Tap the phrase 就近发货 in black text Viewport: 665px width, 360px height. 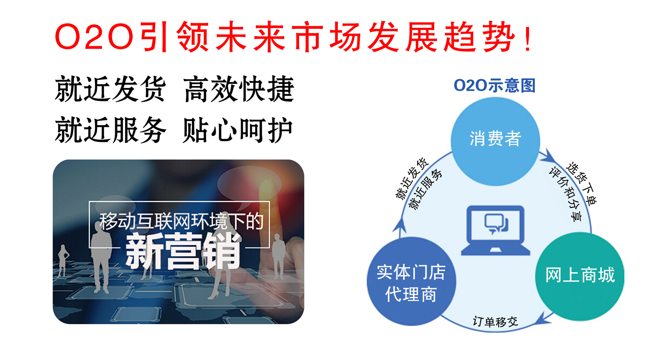coord(110,89)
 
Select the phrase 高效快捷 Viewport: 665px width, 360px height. coord(238,89)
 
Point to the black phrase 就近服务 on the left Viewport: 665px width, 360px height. coord(110,130)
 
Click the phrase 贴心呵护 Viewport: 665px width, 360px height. coord(238,130)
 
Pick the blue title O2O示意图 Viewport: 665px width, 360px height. coord(494,86)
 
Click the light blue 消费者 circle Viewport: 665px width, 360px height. coord(495,141)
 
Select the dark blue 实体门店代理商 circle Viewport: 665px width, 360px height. coord(411,281)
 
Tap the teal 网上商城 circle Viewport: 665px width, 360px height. coord(579,277)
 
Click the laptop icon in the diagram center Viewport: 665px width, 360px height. coord(495,230)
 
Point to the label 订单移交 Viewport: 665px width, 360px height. coord(495,322)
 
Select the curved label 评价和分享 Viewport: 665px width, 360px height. coord(566,194)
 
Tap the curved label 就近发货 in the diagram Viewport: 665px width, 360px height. coord(411,179)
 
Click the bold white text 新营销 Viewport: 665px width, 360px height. coord(183,252)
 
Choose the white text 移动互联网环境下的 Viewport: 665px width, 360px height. coord(181,222)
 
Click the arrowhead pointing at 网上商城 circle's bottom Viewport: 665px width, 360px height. coord(544,318)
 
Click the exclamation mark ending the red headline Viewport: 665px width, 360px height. coord(528,37)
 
